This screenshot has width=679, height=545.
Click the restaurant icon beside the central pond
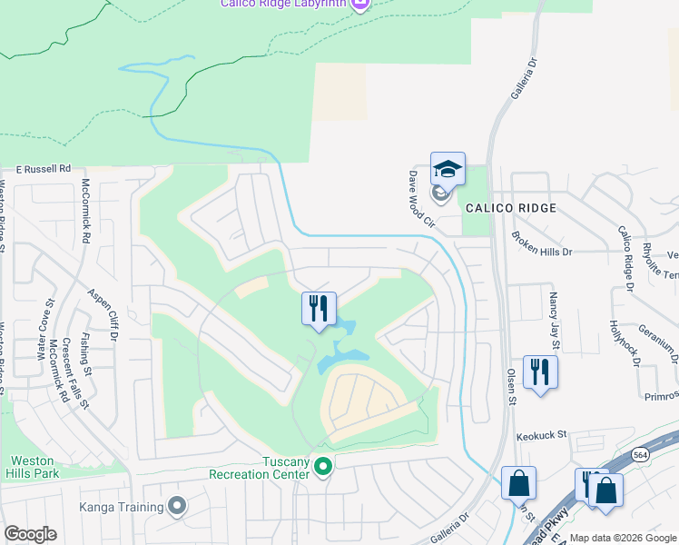(319, 307)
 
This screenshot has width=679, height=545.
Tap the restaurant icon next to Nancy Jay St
(540, 372)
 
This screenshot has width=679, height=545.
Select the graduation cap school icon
(448, 168)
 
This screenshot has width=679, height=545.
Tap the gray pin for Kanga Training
(177, 506)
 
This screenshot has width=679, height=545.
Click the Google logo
(30, 534)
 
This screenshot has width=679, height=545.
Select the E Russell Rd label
(43, 169)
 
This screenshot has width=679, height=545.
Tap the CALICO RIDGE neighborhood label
(510, 208)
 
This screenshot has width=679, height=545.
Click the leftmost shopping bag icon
(518, 482)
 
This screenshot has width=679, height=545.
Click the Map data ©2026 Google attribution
(624, 538)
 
